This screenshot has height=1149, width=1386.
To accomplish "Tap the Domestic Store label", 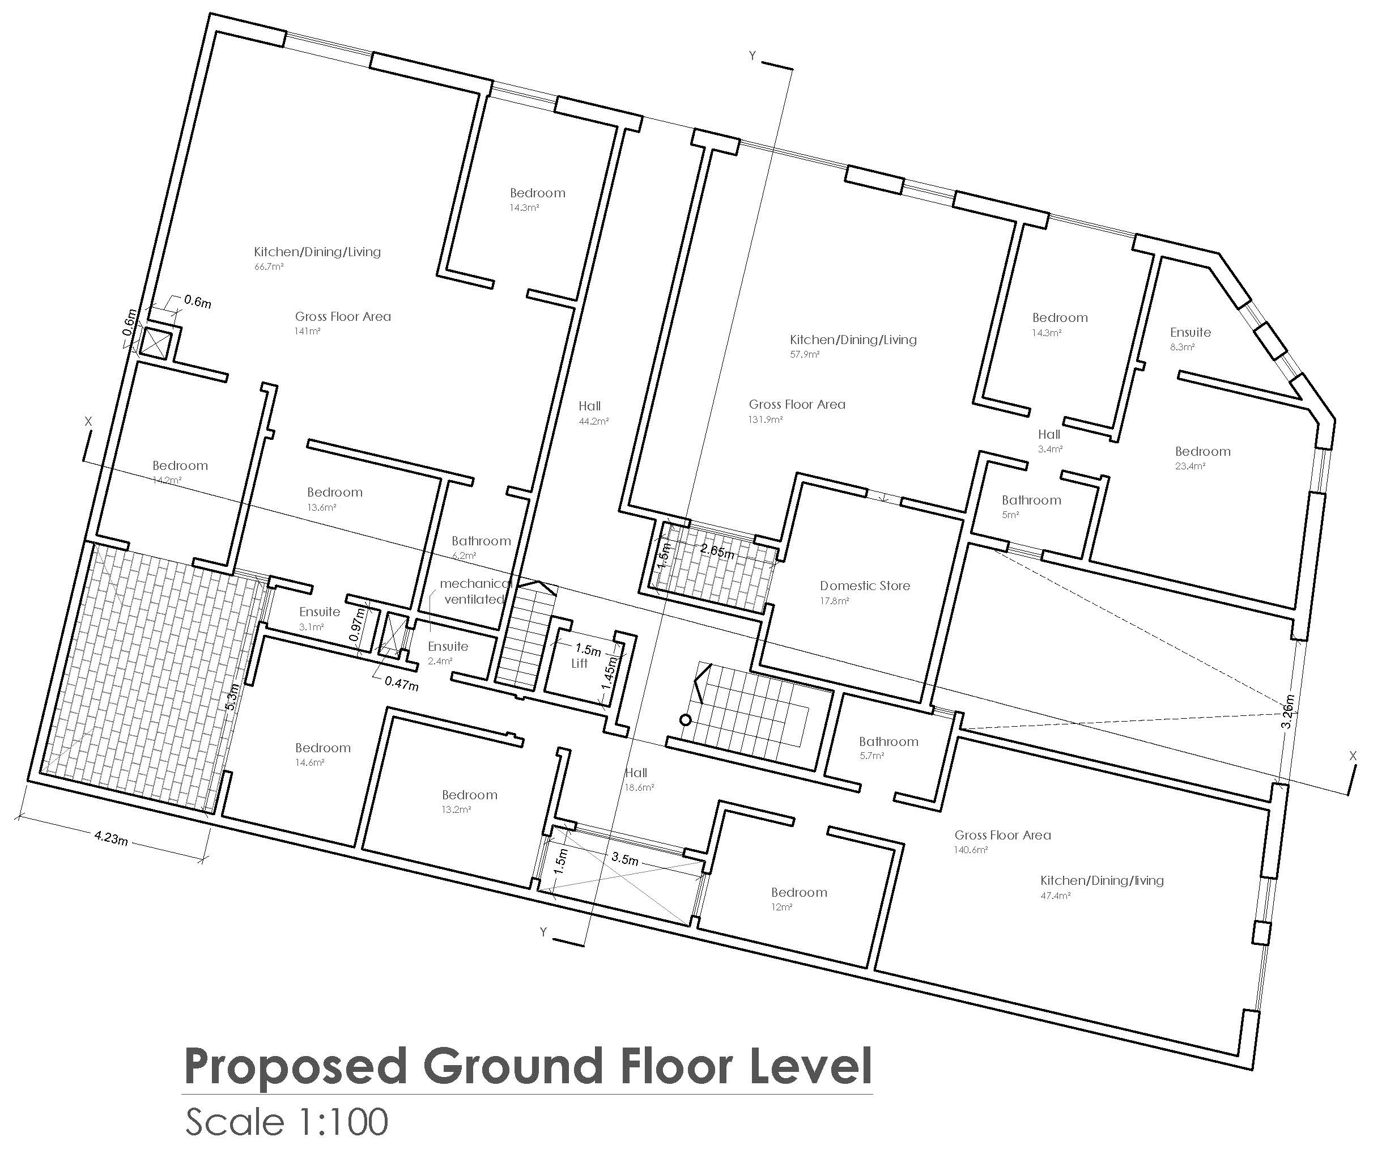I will (865, 586).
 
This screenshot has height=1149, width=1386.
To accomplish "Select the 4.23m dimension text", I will (111, 838).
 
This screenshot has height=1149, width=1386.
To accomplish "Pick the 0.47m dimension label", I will (401, 683).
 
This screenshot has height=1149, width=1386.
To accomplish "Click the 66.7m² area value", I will (269, 267).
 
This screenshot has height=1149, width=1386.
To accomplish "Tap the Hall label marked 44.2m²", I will (589, 406).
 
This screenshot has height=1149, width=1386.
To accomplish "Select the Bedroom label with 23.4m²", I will (1202, 452).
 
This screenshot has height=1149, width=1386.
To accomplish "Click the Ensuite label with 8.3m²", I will (1190, 332).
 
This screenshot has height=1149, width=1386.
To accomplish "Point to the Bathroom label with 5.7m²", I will (888, 741).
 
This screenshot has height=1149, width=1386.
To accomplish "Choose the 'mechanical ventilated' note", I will (475, 592).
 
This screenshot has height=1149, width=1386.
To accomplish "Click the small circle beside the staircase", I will (686, 720).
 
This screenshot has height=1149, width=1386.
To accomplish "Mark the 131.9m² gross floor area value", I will (766, 419).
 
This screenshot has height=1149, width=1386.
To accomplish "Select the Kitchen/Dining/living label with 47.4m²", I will (1102, 880).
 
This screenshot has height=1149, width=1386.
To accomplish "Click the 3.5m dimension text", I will (624, 859).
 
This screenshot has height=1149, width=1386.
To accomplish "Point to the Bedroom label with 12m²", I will (798, 893).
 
